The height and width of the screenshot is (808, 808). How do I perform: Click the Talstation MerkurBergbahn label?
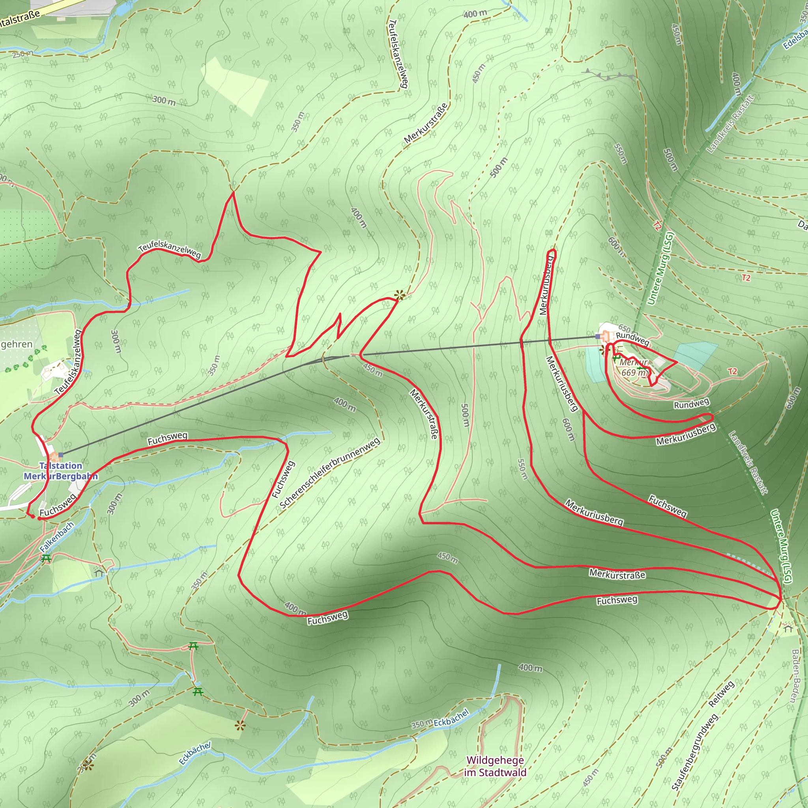pyautogui.click(x=61, y=471)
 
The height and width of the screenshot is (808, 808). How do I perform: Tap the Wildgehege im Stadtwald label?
pyautogui.click(x=495, y=766)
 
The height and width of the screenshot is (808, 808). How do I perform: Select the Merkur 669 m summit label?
pyautogui.click(x=634, y=367)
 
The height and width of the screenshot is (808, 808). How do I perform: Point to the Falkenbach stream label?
pyautogui.click(x=56, y=537)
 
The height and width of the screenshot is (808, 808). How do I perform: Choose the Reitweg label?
pyautogui.click(x=721, y=694)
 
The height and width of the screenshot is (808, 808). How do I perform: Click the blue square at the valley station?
pyautogui.click(x=61, y=454)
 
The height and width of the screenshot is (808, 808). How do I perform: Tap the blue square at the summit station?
pyautogui.click(x=598, y=336)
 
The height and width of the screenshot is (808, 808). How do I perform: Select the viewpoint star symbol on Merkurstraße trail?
pyautogui.click(x=399, y=295)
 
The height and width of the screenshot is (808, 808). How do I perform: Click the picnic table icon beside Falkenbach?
pyautogui.click(x=46, y=558)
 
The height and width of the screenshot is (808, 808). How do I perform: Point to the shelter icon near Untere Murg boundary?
pyautogui.click(x=788, y=628)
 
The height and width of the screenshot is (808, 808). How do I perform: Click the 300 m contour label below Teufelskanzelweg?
pyautogui.click(x=116, y=341)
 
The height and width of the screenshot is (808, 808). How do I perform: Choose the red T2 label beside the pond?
pyautogui.click(x=732, y=371)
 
